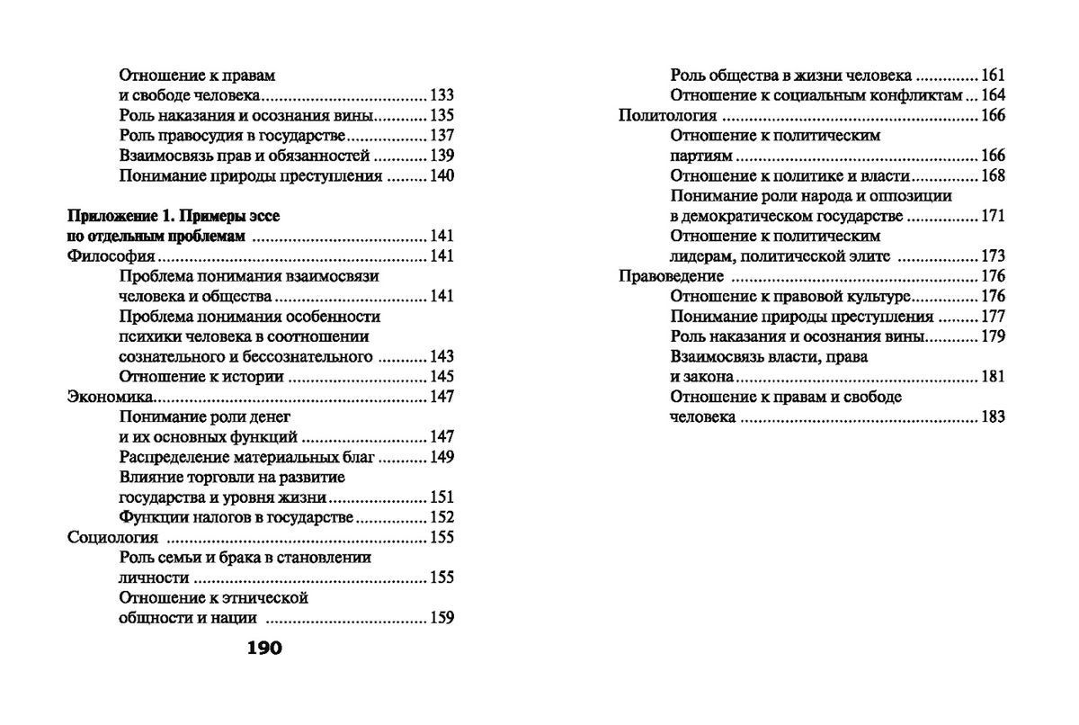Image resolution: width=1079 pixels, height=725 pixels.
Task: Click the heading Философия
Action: (106, 256)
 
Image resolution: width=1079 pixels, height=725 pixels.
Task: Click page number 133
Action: (441, 95)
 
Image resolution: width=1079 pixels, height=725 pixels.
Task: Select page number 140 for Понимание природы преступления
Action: (441, 176)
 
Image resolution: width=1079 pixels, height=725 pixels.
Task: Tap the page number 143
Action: (441, 357)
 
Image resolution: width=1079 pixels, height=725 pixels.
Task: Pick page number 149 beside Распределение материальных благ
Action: (441, 458)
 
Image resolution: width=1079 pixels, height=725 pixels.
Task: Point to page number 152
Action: (441, 518)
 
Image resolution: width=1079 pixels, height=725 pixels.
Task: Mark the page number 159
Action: (441, 618)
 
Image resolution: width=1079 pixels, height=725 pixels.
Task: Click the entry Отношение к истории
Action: (195, 377)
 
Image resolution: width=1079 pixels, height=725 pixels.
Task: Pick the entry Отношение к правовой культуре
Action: (791, 296)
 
